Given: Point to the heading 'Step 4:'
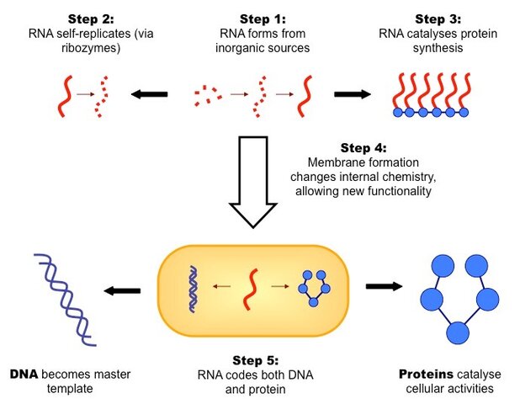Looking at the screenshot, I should click(x=363, y=147).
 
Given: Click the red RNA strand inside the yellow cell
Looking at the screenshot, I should click(x=249, y=288).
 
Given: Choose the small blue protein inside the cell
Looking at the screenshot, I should click(x=311, y=286).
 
